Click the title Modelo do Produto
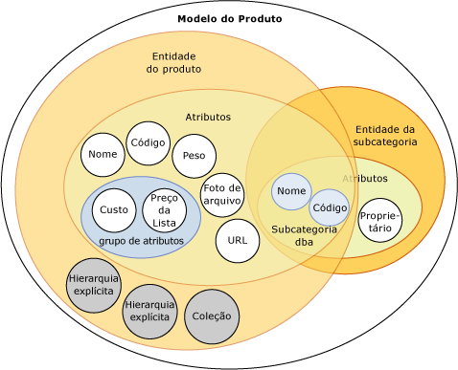pos(230,19)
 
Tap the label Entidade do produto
pos(174,62)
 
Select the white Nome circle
pos(103,155)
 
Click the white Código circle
pos(149,142)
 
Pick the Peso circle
pos(194,156)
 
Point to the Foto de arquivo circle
pos(221,194)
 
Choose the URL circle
pos(238,240)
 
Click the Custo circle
pos(114,210)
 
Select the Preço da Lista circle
pos(165,210)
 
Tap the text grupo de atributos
pos(141,242)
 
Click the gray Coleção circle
pos(212,316)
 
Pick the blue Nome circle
pos(291,191)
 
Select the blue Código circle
pos(330,207)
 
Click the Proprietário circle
pos(380,221)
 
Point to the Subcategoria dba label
pos(304,235)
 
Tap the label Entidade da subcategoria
pos(384,135)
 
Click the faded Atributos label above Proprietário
pos(365,179)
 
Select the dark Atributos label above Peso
pos(208,117)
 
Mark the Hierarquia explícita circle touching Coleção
pos(149,311)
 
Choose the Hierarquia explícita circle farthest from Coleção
pos(93,284)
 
